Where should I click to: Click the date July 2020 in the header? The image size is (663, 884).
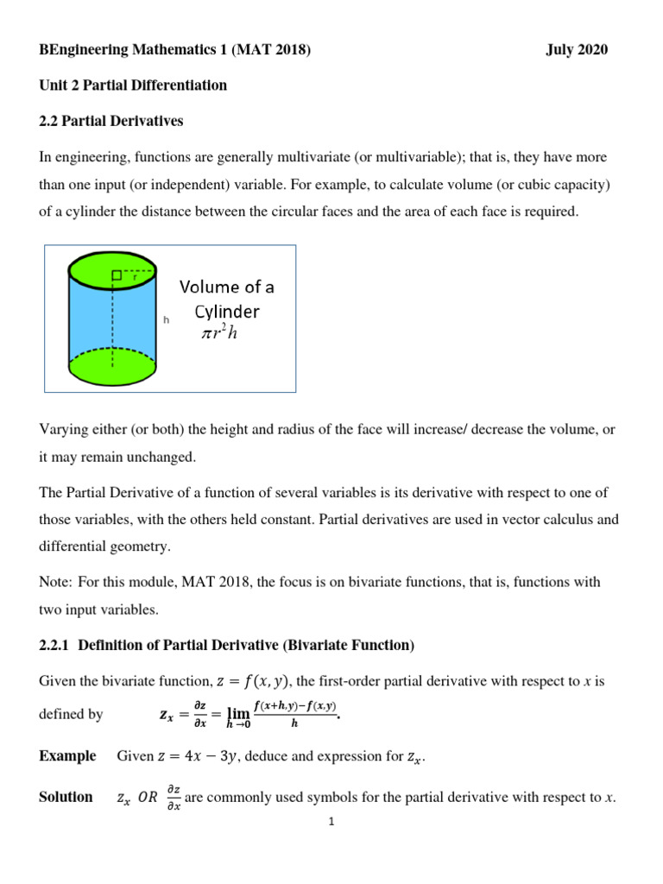pos(577,50)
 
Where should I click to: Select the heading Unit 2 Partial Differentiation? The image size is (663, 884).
pos(133,85)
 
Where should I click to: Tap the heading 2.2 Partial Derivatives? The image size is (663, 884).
pos(111,121)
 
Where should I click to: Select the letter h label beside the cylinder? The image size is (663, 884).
pos(166,319)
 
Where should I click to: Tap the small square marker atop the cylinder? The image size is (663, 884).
pos(116,275)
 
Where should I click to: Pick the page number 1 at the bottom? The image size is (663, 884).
pos(331,822)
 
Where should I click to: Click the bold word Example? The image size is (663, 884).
pos(67,756)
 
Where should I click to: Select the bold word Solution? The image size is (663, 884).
pos(66,797)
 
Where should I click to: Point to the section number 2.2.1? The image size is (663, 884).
pos(58,645)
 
